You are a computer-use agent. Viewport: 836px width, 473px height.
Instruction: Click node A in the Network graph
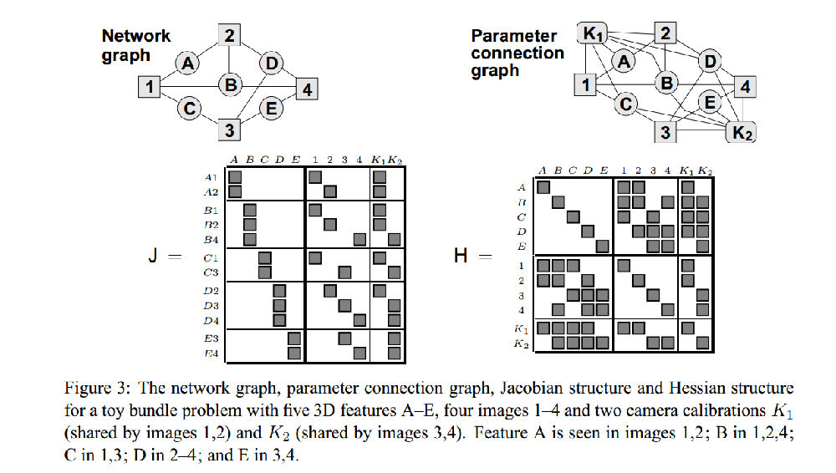tap(188, 62)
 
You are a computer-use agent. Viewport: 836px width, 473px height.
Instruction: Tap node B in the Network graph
tap(229, 84)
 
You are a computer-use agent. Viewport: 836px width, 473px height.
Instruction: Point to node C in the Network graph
tap(190, 107)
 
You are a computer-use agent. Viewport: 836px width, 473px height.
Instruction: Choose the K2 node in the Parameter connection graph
tap(742, 132)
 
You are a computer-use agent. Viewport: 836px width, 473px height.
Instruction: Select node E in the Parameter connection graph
tap(710, 102)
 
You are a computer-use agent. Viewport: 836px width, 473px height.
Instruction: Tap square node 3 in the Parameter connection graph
tap(665, 132)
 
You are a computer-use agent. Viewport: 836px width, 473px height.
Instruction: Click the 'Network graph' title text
tap(135, 45)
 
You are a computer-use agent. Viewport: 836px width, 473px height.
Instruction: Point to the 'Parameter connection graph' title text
tap(517, 53)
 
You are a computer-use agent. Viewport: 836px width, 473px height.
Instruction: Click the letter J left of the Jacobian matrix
tap(152, 257)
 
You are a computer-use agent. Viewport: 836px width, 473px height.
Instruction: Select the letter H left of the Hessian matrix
tap(460, 256)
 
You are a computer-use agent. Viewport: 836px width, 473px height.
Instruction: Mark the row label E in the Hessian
tap(522, 247)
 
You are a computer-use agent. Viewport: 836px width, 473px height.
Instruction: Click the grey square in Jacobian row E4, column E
tap(293, 353)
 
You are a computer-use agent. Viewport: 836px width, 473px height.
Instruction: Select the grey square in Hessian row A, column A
tap(543, 187)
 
